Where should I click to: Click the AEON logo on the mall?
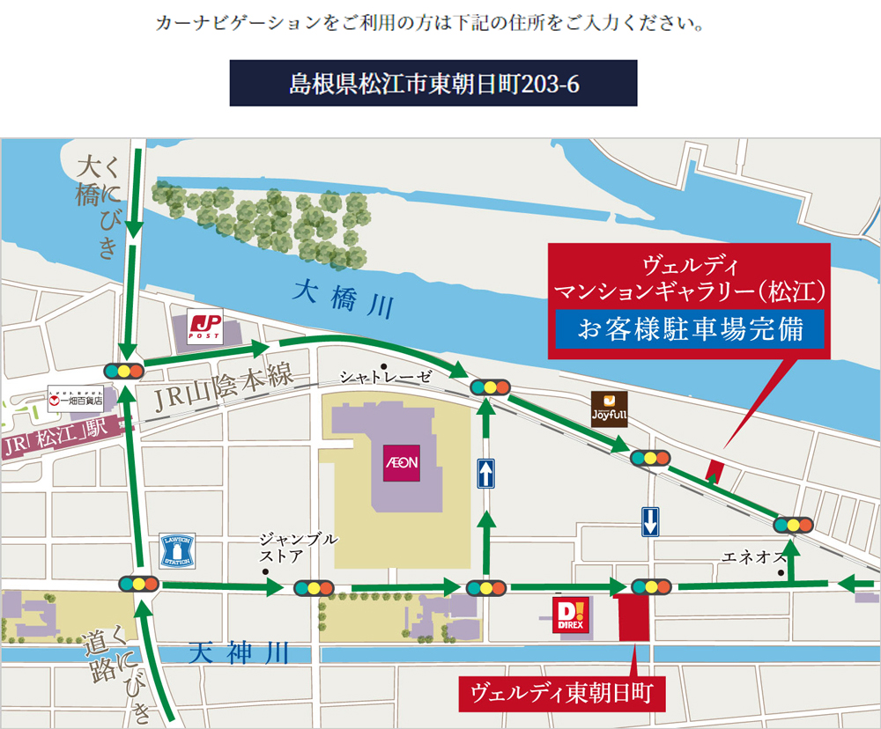(401, 462)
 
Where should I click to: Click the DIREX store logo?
(566, 615)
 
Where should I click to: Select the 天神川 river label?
(240, 653)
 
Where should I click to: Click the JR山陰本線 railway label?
(224, 388)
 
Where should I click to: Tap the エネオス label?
(752, 556)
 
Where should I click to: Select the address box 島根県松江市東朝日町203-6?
(433, 83)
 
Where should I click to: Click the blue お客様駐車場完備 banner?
(689, 328)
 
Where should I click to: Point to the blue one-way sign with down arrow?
(650, 522)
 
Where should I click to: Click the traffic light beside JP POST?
(123, 371)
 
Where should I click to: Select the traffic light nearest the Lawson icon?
(139, 583)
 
